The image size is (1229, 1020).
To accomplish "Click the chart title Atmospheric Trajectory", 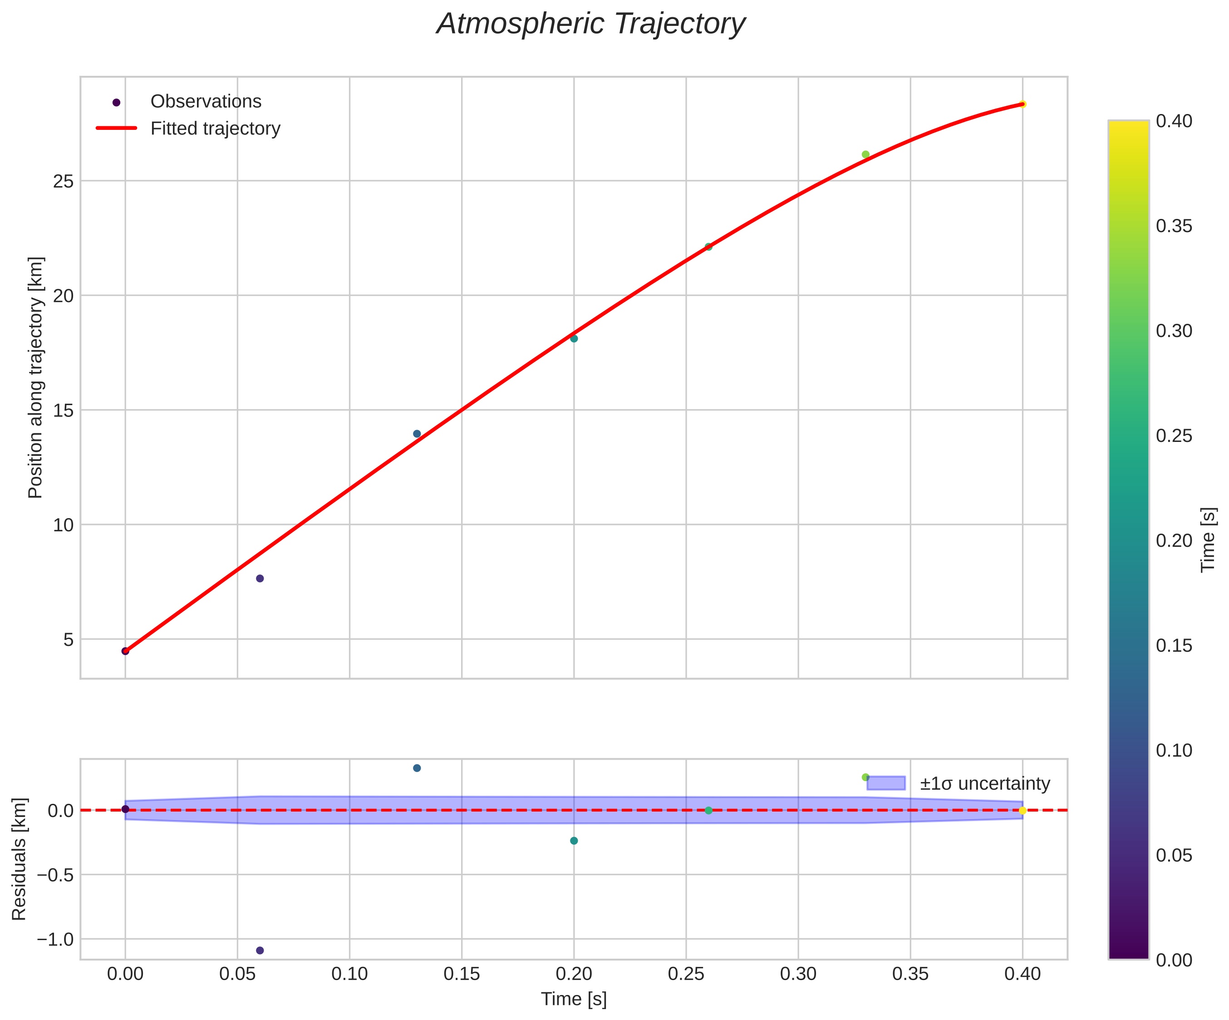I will [x=590, y=25].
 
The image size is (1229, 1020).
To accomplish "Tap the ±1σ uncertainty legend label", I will [x=985, y=783].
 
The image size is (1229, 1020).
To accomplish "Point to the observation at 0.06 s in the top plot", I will [x=260, y=579].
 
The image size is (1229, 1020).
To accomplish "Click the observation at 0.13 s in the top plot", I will [x=417, y=434].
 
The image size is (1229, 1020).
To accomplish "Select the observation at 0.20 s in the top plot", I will [x=574, y=338].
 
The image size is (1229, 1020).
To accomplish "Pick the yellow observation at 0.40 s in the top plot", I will [x=1023, y=104].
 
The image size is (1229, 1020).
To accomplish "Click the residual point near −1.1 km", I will [x=260, y=951].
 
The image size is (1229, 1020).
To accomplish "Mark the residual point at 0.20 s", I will [x=574, y=841].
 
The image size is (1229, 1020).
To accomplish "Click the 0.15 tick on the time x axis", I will [x=462, y=974].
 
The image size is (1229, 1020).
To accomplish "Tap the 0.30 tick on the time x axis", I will [x=798, y=974].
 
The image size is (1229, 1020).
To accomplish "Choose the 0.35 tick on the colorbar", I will [x=1174, y=226].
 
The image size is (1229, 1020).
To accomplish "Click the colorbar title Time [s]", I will [x=1208, y=539].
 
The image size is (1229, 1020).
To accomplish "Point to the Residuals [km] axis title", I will [x=20, y=859].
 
